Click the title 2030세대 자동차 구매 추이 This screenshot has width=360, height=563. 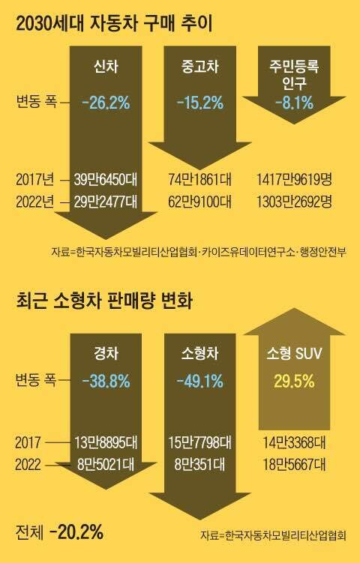[x=115, y=23]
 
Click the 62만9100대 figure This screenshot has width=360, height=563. [x=201, y=202]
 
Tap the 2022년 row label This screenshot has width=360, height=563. [x=35, y=202]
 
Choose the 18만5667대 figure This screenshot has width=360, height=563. [x=292, y=465]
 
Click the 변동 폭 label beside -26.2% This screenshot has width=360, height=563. [x=34, y=101]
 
